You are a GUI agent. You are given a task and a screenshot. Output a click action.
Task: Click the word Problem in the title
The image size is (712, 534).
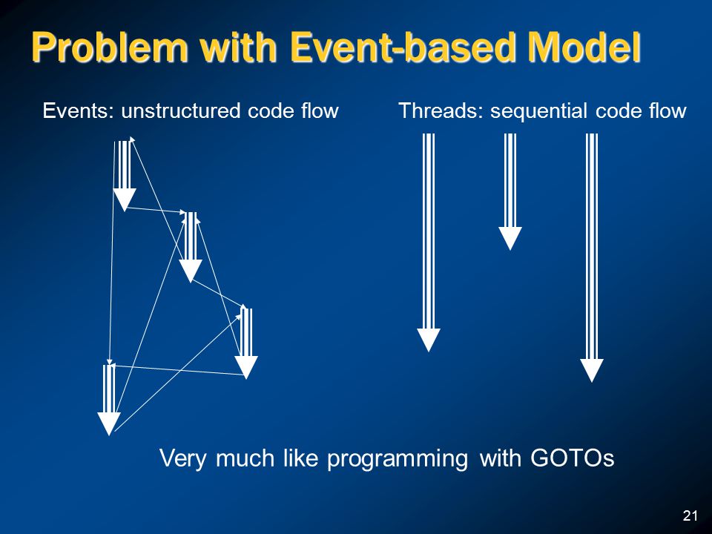click(110, 47)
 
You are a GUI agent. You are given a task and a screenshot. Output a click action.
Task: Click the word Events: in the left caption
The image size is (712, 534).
click(78, 111)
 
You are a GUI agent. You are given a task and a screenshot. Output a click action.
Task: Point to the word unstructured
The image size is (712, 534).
click(180, 111)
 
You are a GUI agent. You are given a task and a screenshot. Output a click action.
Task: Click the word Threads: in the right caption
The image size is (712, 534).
click(441, 111)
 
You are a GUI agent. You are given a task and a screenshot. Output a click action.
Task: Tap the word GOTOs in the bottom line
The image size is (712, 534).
click(573, 458)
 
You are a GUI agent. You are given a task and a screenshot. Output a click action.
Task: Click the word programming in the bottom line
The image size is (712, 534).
click(398, 458)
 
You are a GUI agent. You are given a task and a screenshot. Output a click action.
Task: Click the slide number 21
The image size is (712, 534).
click(690, 515)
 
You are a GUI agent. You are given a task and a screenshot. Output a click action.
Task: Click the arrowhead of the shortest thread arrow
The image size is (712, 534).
click(510, 238)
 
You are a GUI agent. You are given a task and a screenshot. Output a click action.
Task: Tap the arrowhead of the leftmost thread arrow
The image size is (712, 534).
click(429, 340)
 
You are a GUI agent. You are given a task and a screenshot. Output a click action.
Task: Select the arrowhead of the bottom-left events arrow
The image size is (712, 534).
click(109, 424)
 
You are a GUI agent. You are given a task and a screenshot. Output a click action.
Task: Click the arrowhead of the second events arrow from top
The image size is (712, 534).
click(191, 271)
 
